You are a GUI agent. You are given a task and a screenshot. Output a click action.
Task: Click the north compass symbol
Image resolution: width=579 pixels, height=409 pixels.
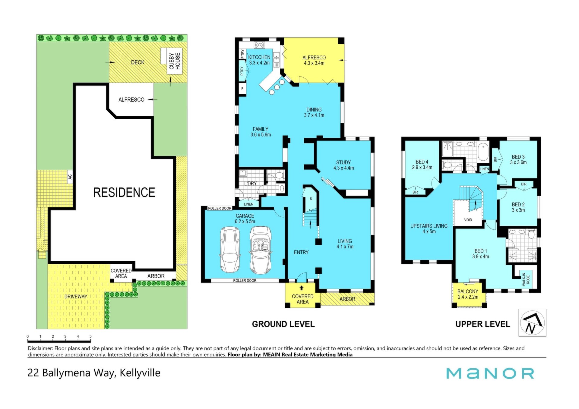[532, 322]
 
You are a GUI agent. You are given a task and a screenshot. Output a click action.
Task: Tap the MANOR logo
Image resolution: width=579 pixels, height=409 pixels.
[490, 373]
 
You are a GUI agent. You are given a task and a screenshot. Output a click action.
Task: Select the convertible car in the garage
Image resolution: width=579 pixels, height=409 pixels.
[260, 250]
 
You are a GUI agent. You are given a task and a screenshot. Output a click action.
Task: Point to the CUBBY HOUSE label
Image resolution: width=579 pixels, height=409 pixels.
[175, 61]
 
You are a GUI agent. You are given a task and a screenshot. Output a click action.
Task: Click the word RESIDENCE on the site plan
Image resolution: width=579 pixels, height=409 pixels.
[124, 193]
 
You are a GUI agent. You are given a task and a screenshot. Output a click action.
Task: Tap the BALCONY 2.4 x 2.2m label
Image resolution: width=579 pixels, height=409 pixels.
[468, 294]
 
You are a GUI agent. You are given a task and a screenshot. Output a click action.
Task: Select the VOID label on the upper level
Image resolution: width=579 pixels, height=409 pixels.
[468, 220]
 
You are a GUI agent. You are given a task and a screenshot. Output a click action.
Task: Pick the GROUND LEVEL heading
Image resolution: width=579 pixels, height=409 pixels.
[283, 324]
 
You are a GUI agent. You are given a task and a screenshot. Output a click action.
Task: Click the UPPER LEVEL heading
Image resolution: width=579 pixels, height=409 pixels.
[482, 324]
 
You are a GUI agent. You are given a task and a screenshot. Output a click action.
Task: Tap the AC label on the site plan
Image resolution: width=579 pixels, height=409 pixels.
[70, 177]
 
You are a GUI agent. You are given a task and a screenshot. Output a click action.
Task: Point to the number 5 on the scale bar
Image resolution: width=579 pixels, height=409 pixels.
[90, 336]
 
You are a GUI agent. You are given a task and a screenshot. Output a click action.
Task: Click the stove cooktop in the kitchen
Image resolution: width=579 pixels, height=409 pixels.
[259, 45]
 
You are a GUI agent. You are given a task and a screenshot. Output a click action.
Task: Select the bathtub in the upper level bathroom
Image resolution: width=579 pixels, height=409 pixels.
[483, 152]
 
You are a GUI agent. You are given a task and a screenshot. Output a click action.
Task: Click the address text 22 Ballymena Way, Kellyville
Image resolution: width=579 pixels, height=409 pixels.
[94, 373]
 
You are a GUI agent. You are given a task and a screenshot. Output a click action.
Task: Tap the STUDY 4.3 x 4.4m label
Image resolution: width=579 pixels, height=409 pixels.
[343, 165]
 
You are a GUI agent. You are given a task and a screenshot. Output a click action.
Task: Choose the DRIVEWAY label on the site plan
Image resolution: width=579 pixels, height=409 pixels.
[76, 297]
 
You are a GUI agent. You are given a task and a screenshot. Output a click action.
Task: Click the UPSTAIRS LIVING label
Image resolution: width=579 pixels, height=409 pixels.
[429, 226]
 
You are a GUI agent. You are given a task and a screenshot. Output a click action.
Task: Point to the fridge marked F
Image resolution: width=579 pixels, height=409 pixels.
[242, 89]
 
